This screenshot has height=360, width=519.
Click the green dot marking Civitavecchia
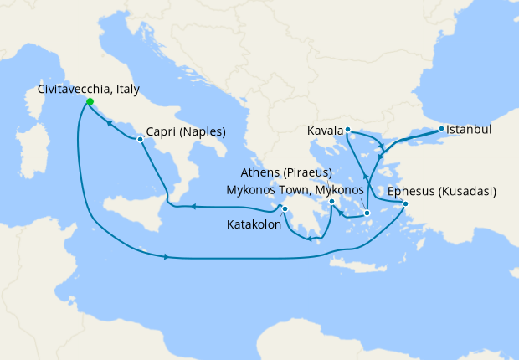[90, 102]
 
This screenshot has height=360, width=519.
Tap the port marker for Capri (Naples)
[140, 139]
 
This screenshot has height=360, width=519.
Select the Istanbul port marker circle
[441, 129]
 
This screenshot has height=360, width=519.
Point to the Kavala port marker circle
[347, 130]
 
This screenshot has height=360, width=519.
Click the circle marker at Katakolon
[285, 209]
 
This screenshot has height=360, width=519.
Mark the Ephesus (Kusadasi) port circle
[405, 204]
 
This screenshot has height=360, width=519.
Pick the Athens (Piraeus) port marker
[332, 202]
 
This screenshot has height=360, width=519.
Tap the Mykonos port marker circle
[367, 213]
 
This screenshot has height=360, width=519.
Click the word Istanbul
[469, 130]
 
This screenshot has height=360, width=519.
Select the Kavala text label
[326, 131]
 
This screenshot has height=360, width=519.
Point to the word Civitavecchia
[72, 89]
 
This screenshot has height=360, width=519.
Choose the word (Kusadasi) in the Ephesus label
[465, 191]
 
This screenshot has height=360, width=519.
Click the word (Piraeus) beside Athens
[304, 172]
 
